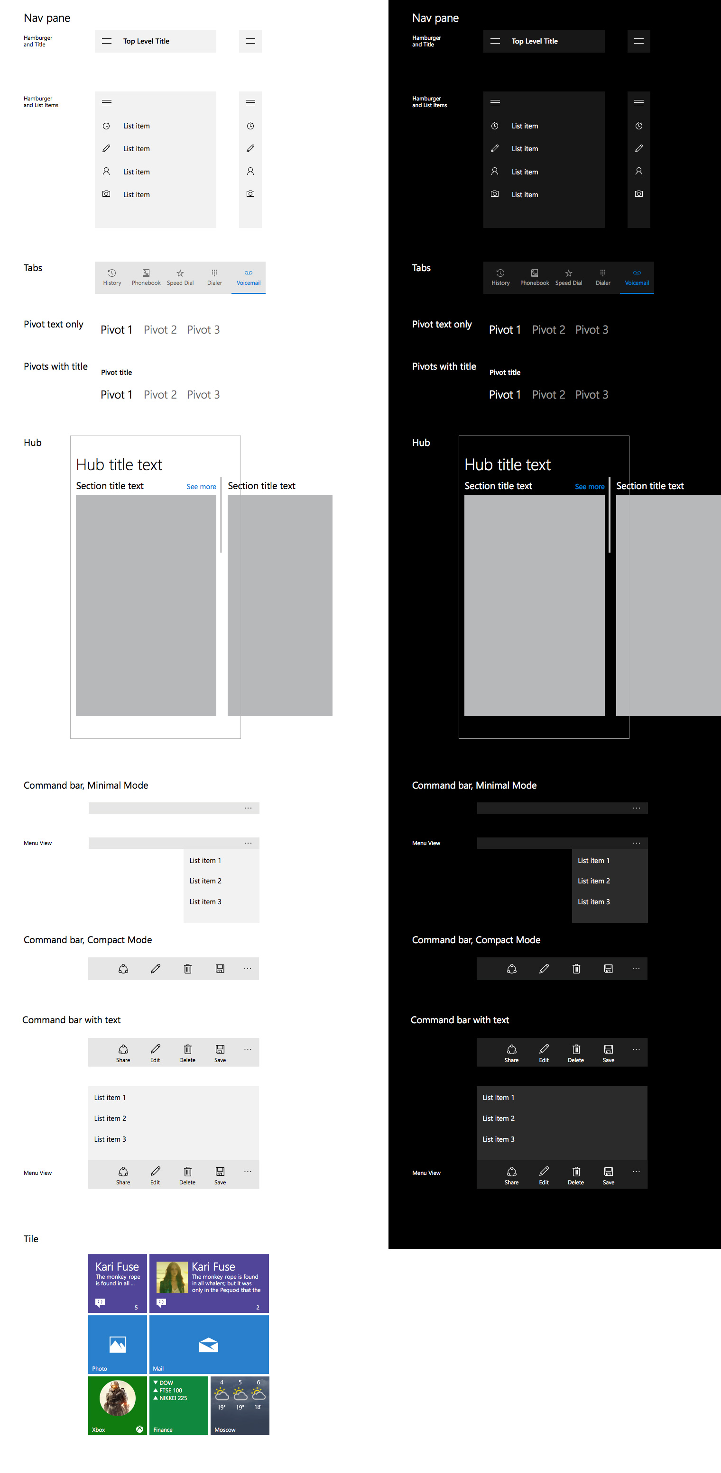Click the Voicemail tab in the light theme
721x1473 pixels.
[249, 277]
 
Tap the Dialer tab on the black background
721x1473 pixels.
[602, 277]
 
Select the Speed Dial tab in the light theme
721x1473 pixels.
[180, 277]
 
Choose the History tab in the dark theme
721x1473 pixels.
[500, 277]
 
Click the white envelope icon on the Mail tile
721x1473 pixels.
[208, 1345]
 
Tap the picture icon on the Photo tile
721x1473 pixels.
[117, 1345]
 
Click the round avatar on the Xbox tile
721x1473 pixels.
[117, 1398]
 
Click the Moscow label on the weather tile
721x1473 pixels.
[225, 1429]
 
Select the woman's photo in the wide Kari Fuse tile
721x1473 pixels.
[172, 1277]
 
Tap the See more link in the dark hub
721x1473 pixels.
[590, 487]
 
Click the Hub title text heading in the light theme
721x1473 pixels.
[119, 465]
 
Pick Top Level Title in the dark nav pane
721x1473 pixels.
[535, 41]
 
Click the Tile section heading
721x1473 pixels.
[31, 1238]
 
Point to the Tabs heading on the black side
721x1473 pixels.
[421, 268]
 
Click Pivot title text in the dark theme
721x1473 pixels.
[505, 372]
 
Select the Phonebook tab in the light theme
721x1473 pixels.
[146, 277]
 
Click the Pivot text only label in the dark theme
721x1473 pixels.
[442, 324]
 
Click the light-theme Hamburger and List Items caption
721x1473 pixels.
[41, 102]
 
